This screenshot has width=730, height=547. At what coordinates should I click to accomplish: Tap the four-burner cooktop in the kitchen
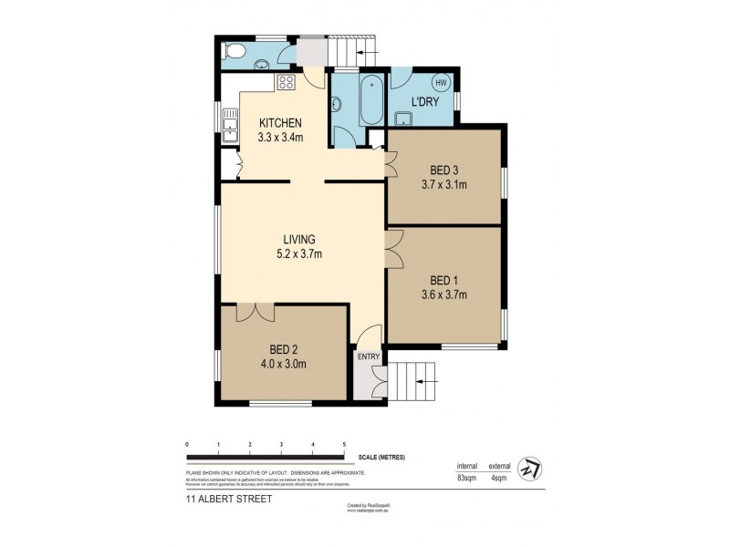point(287,83)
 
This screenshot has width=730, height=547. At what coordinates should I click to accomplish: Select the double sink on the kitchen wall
point(229,126)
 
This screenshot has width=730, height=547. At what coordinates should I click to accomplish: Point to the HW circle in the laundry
point(442,83)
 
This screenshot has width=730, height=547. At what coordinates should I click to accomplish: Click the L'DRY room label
point(425,102)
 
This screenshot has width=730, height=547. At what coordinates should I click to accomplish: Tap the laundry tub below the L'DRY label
point(404,117)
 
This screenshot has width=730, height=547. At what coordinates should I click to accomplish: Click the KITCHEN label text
point(280,124)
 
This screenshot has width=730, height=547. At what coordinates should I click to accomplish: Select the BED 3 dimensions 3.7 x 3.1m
point(443,185)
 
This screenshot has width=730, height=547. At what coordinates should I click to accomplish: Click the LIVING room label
point(298,240)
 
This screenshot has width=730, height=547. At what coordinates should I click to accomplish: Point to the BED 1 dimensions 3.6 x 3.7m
point(443,294)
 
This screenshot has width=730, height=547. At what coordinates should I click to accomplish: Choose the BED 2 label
point(282,349)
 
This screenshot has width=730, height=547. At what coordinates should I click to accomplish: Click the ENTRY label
point(369,356)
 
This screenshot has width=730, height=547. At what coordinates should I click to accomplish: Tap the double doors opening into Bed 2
point(255,312)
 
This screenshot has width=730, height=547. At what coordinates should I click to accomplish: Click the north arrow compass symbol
point(527,468)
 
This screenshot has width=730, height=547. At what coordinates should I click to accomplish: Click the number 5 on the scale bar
point(344,444)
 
